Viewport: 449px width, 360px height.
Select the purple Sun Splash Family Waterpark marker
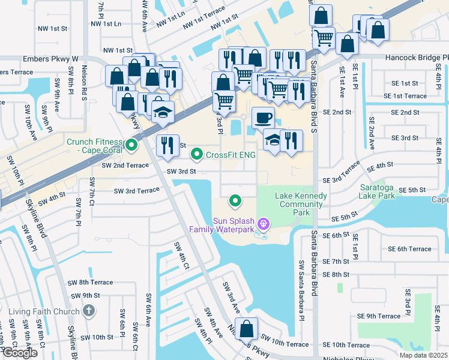coord(262,224)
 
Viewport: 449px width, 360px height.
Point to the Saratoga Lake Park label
coord(378,191)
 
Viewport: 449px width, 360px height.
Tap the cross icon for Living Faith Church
coord(89,311)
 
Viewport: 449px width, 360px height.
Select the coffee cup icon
coord(263,118)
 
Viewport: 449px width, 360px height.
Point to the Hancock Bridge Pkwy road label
coord(415,58)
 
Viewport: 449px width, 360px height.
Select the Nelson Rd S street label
coord(85,83)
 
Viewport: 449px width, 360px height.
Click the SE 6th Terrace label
coord(409,249)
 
